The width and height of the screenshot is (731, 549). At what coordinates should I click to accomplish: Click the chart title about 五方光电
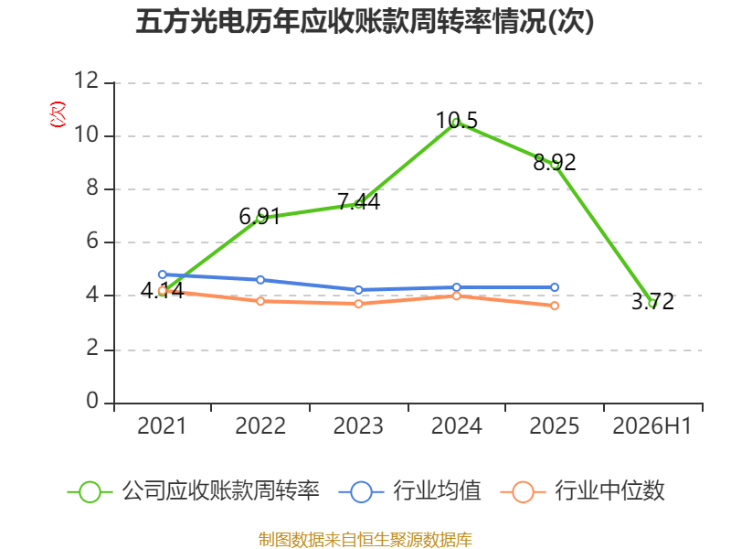click(x=365, y=21)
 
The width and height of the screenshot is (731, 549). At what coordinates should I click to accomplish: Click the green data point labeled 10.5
click(x=456, y=123)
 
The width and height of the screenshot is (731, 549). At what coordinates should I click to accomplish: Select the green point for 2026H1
click(x=652, y=304)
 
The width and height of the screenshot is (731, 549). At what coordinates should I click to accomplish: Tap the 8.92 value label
click(x=555, y=162)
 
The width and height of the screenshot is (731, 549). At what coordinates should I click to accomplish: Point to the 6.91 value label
click(x=260, y=216)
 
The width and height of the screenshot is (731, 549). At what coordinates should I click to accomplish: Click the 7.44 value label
click(x=358, y=201)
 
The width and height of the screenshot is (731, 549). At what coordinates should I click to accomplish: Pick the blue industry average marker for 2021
click(x=163, y=274)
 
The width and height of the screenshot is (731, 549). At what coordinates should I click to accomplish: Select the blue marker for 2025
click(x=555, y=287)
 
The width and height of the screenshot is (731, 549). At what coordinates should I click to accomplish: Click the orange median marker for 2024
click(x=456, y=296)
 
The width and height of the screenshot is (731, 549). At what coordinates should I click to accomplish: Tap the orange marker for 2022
click(x=260, y=301)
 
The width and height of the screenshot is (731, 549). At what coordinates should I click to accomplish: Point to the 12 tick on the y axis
click(x=86, y=81)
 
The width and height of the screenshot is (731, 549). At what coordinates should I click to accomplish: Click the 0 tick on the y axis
click(x=92, y=401)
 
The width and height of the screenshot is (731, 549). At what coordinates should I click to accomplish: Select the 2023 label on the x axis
click(x=358, y=425)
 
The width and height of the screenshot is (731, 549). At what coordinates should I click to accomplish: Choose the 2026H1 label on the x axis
click(x=652, y=425)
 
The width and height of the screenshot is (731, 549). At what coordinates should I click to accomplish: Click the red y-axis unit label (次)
click(x=58, y=114)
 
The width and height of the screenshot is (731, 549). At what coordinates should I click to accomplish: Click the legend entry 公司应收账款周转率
click(x=194, y=491)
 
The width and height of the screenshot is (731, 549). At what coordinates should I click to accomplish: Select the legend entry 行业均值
click(x=409, y=491)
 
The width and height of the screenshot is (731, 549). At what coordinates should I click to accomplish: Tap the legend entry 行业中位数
click(x=582, y=491)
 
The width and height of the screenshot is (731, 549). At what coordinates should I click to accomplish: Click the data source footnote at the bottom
click(x=365, y=540)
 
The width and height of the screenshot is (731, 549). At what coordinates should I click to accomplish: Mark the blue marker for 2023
click(x=358, y=290)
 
